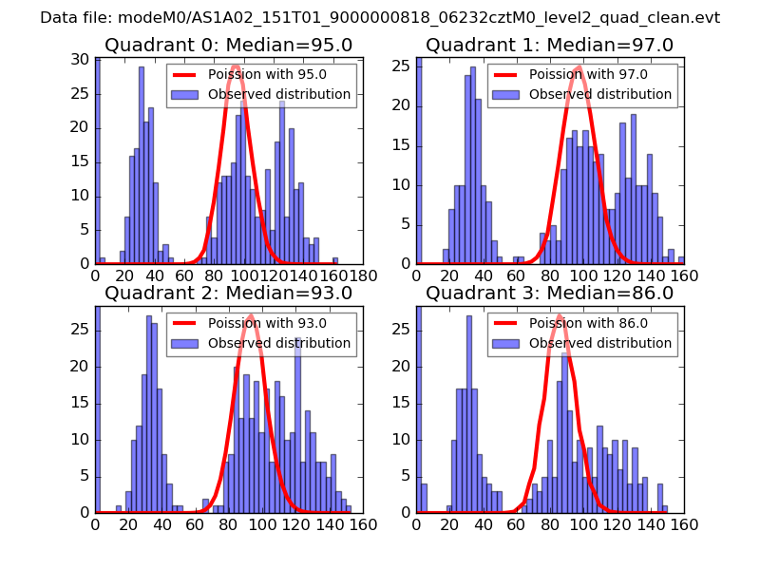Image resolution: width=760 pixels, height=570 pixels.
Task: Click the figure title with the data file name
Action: pos(380,18)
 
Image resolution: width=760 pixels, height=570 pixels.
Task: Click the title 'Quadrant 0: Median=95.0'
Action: pos(229,45)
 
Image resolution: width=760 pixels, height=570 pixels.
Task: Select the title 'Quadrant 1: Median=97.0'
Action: pos(550,45)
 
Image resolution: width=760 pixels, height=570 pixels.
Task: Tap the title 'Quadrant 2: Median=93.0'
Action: pos(229,293)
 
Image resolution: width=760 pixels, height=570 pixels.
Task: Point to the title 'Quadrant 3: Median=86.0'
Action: pos(550,293)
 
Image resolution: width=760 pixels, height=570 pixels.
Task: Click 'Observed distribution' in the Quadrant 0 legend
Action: pos(279,94)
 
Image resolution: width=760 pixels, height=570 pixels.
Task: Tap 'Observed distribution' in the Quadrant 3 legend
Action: pos(600,342)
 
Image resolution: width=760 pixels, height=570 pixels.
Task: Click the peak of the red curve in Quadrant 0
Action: pos(236,66)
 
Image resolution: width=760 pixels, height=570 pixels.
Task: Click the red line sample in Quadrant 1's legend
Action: pos(506,75)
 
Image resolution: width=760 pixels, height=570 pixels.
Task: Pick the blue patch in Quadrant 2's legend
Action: pos(185,343)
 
